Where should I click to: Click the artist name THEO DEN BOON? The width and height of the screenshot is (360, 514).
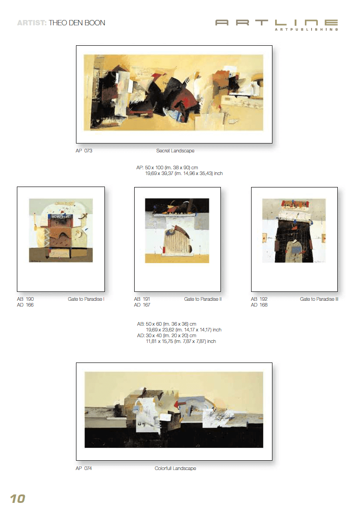point(77,23)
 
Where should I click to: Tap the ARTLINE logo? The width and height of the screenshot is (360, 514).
point(277,25)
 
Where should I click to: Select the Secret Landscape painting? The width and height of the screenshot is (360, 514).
point(173,92)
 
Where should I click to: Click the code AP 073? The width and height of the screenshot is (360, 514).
point(84,151)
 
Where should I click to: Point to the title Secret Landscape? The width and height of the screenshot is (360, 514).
point(176,151)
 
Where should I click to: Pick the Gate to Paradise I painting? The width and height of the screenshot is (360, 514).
point(61,230)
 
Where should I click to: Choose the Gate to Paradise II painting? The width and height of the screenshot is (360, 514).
point(177,231)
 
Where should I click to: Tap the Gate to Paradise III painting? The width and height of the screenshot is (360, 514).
point(294,231)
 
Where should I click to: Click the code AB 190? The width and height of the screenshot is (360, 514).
point(25,299)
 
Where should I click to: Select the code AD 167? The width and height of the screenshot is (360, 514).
point(142,305)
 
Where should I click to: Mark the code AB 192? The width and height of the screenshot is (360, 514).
point(259,299)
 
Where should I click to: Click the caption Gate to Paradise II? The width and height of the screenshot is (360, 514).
point(203,299)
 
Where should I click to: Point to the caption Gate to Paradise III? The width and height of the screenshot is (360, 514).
point(319,299)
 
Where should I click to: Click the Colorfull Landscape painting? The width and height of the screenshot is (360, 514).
point(174,410)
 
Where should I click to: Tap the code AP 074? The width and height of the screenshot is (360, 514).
point(84,468)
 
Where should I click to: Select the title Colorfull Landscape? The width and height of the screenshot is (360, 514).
point(176,468)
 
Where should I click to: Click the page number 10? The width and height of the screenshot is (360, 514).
point(18,498)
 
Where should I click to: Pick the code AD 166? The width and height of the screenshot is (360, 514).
point(25,305)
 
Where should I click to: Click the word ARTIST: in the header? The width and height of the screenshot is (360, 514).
point(32,23)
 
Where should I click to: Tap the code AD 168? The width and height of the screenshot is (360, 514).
point(259,305)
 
